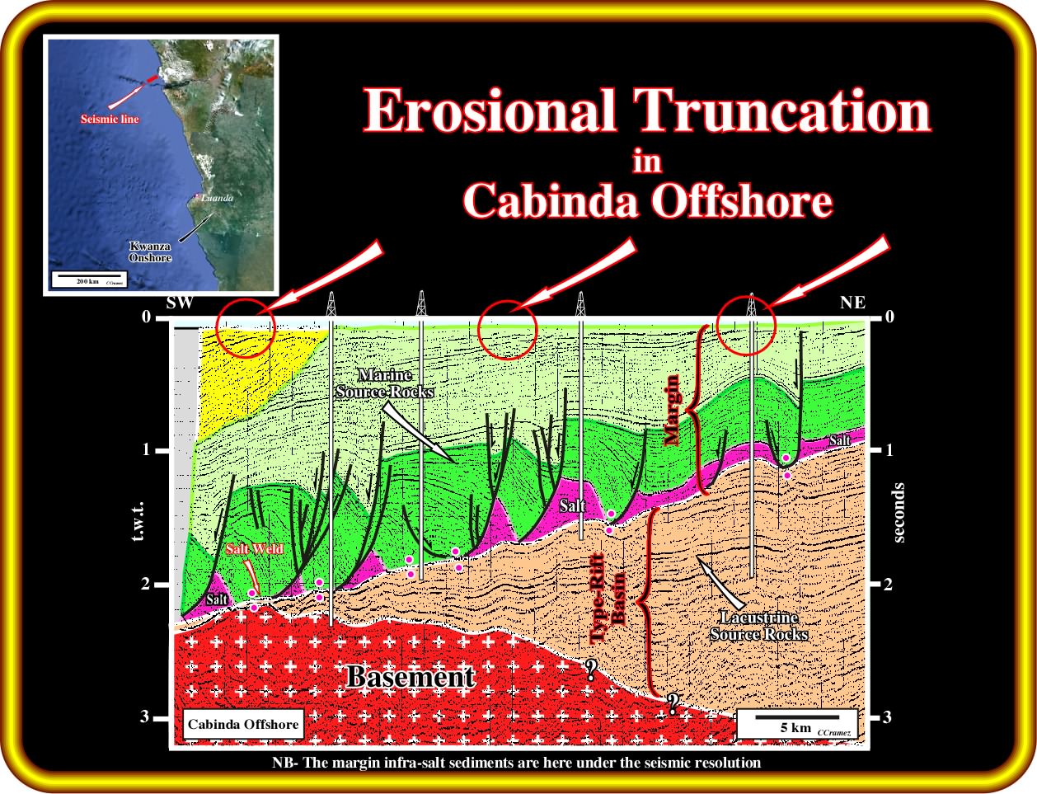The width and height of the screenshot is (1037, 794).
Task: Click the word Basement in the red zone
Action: click(411, 677)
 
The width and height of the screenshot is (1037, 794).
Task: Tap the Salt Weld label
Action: click(255, 549)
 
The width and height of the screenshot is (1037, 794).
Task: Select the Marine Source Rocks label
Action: click(385, 383)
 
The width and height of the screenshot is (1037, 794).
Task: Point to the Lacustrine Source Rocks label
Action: click(758, 626)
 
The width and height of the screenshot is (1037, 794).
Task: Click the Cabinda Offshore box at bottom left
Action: click(243, 724)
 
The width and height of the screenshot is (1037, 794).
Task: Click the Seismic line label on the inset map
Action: click(110, 119)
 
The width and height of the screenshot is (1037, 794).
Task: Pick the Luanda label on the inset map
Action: click(217, 198)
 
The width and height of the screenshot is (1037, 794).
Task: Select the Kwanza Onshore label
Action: click(150, 252)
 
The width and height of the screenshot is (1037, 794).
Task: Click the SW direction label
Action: click(180, 303)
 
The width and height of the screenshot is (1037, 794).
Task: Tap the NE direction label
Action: click(853, 303)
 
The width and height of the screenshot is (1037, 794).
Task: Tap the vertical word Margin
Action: click(672, 411)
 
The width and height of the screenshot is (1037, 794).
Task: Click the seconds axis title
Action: click(899, 513)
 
